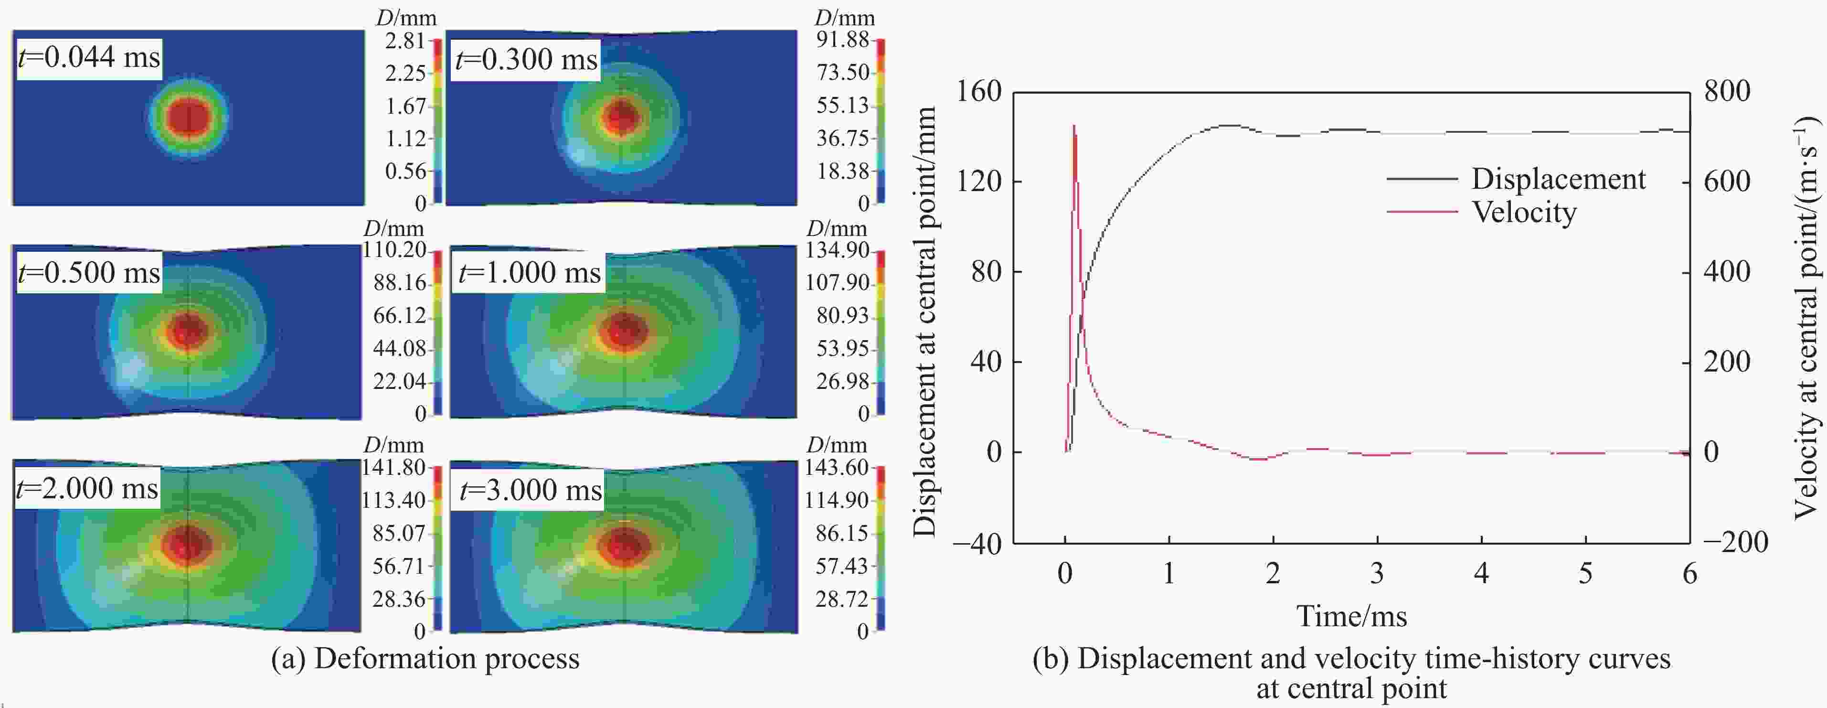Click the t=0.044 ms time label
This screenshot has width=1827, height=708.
[x=89, y=57]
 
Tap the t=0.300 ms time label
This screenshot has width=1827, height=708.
[x=526, y=59]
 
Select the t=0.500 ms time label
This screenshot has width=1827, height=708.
[x=89, y=272]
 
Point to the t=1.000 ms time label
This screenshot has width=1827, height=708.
[x=529, y=272]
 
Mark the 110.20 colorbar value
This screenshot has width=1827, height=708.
[x=394, y=250]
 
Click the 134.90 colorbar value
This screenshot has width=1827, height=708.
[x=837, y=250]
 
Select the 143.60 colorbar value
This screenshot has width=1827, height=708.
[x=837, y=468]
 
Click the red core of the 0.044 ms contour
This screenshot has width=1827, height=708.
[x=189, y=117]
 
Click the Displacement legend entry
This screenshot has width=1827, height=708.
[x=1558, y=179]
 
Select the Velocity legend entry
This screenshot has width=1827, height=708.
[x=1523, y=212]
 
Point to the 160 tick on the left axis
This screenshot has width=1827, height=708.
[x=979, y=92]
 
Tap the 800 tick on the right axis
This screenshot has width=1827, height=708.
[x=1726, y=92]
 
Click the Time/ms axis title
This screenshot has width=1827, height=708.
[x=1351, y=616]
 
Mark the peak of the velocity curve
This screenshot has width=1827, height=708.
[x=1074, y=126]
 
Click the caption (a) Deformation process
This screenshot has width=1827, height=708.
[x=425, y=658]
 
